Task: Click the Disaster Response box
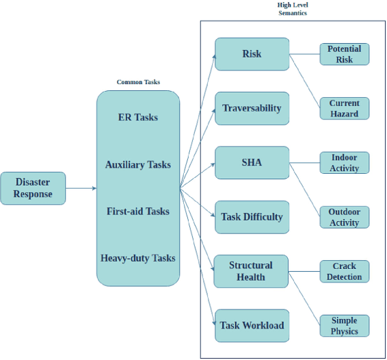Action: pyautogui.click(x=33, y=188)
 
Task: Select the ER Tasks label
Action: pyautogui.click(x=137, y=117)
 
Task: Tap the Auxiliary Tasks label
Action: pyautogui.click(x=137, y=164)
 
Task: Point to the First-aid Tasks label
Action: pyautogui.click(x=137, y=211)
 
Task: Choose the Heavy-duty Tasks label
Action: pyautogui.click(x=137, y=258)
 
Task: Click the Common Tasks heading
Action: pyautogui.click(x=138, y=82)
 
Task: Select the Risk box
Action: pyautogui.click(x=251, y=54)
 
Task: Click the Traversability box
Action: pyautogui.click(x=251, y=108)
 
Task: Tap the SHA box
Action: pyautogui.click(x=251, y=162)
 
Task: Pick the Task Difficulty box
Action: pyautogui.click(x=251, y=217)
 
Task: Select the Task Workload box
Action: pyautogui.click(x=251, y=326)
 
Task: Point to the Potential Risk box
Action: pyautogui.click(x=344, y=54)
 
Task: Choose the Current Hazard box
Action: pyautogui.click(x=344, y=108)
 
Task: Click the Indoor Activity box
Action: pyautogui.click(x=344, y=162)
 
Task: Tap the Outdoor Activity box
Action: pyautogui.click(x=344, y=217)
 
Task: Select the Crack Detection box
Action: pyautogui.click(x=344, y=271)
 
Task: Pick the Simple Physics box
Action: pyautogui.click(x=344, y=326)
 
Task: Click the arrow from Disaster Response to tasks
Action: pyautogui.click(x=81, y=188)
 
